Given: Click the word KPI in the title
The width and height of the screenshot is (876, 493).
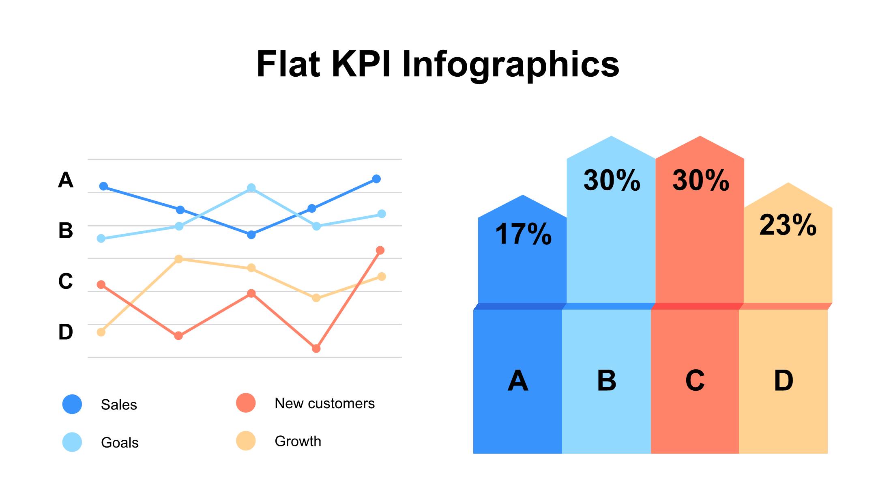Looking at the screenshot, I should click(361, 64).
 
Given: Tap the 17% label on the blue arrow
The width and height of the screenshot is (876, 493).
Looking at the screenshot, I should click(523, 234).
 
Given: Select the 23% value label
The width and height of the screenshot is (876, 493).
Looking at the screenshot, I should click(788, 225).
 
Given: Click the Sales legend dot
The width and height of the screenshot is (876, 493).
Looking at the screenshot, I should click(72, 404).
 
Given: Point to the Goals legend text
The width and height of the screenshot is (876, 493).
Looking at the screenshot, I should click(120, 442).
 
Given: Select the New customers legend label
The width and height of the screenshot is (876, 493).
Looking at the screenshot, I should click(324, 403).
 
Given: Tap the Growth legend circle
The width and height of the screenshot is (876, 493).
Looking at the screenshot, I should click(246, 441).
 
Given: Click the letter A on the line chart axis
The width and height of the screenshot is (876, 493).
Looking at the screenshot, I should click(66, 180).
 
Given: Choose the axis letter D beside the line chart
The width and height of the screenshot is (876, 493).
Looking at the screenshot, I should click(66, 332).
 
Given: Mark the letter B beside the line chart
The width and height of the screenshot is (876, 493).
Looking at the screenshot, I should click(66, 230).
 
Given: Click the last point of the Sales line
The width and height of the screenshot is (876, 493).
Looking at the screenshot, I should click(376, 179).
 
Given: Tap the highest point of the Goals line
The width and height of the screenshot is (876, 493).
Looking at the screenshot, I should click(251, 188).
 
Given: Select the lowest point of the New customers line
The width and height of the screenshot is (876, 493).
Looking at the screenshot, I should click(316, 349).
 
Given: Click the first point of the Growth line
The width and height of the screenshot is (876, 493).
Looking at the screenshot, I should click(101, 332).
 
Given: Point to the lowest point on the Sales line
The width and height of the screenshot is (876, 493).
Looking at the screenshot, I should click(251, 235).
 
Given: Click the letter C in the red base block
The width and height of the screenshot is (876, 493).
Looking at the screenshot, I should click(695, 381).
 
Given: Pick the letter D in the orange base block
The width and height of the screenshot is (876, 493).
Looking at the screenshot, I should click(784, 381).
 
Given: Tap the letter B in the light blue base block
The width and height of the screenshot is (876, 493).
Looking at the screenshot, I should click(607, 381).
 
